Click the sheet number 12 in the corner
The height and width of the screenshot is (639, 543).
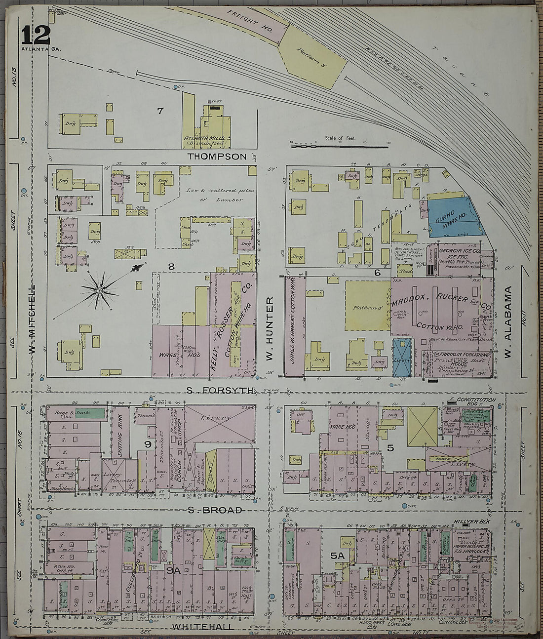pyautogui.click(x=36, y=35)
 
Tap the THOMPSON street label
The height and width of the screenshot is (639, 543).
pyautogui.click(x=217, y=157)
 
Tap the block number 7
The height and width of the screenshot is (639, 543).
pyautogui.click(x=160, y=111)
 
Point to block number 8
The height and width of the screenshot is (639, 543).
pyautogui.click(x=171, y=267)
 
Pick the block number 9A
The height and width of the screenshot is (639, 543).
pyautogui.click(x=173, y=570)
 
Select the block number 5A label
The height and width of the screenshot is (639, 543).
pyautogui.click(x=337, y=556)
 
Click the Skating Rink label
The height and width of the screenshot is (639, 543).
pyautogui.click(x=120, y=431)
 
